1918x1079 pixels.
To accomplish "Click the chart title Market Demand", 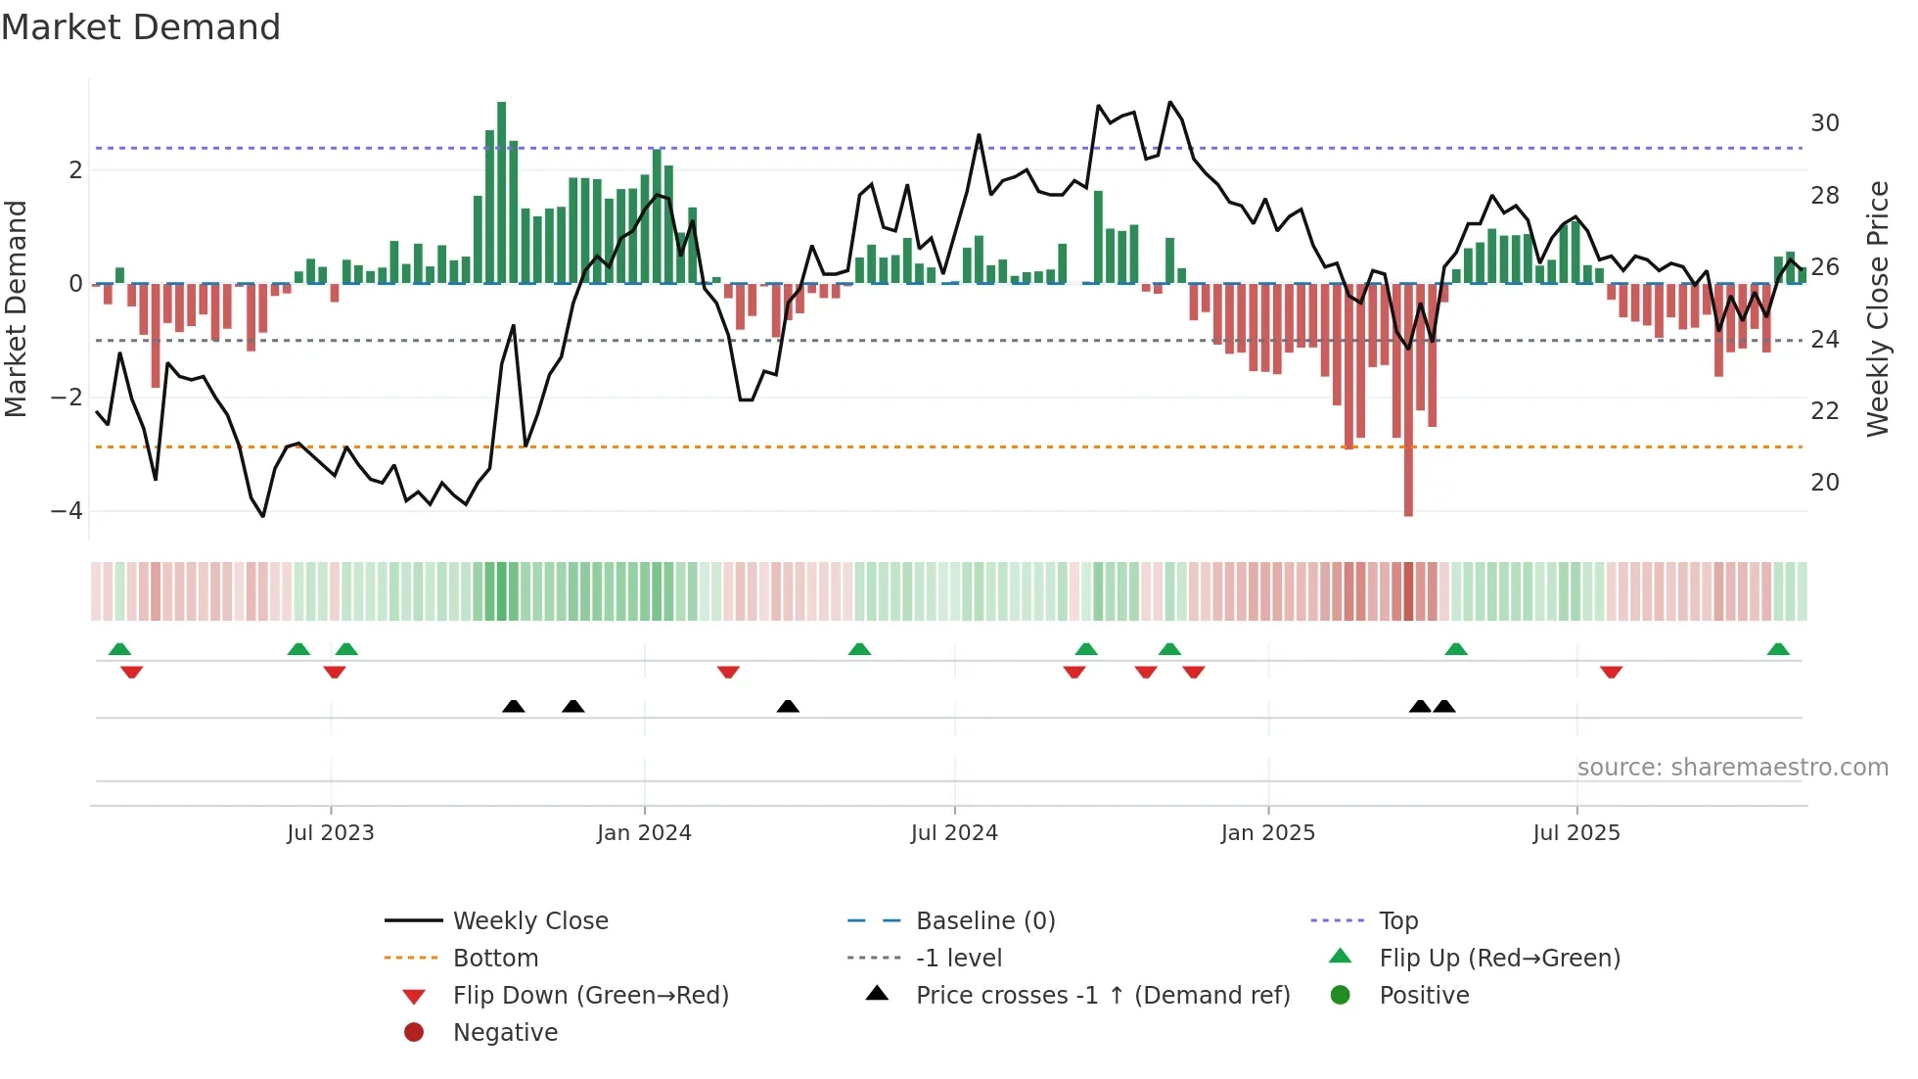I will click(141, 27).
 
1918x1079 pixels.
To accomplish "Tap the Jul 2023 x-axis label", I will click(331, 833).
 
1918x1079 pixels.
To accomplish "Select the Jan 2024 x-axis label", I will click(644, 833).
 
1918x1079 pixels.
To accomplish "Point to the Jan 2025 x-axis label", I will click(1268, 833).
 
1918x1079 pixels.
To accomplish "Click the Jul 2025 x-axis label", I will click(1576, 833).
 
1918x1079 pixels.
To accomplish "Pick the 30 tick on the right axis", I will click(1824, 123).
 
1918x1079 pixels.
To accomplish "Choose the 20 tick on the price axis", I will click(1824, 483).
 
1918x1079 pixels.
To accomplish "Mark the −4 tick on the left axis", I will click(67, 511).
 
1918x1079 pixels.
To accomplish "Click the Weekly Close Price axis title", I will click(1877, 308).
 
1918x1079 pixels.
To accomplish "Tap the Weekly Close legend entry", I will click(529, 921).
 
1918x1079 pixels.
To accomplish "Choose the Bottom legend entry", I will click(495, 959).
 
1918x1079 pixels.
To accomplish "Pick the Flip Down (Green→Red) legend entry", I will click(590, 996).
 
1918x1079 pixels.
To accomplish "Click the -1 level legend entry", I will click(958, 959).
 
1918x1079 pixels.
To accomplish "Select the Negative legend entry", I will click(505, 1033).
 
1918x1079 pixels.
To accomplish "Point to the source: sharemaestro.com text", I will click(1732, 768).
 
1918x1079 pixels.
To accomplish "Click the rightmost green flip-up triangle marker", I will click(1778, 649).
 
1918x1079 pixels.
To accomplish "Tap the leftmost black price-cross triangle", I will click(513, 706).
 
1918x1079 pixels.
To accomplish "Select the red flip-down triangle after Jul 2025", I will click(1612, 672).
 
